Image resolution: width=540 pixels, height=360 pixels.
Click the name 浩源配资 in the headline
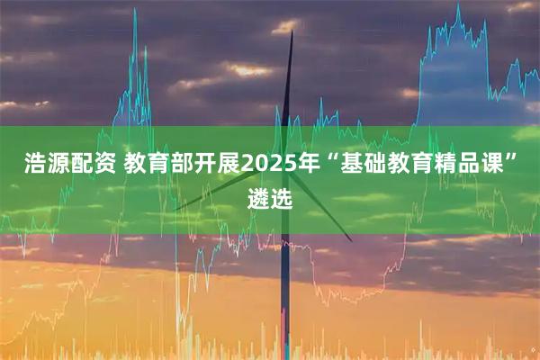(67, 165)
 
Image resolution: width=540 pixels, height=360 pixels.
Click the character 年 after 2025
(312, 165)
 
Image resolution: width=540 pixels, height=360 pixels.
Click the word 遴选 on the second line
(269, 198)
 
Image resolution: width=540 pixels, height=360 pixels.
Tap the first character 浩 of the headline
(34, 165)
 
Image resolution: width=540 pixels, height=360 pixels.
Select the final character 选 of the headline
(281, 198)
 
